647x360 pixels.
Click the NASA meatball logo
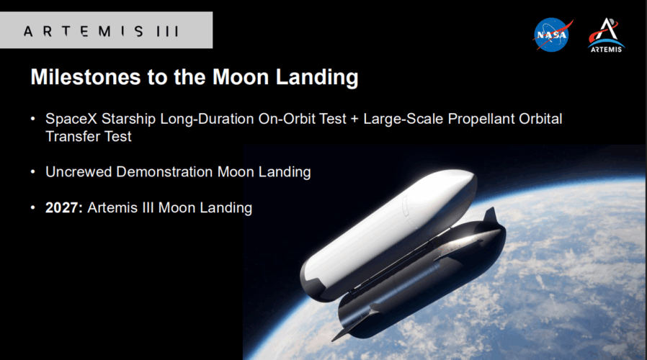(553, 35)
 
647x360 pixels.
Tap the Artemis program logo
(606, 35)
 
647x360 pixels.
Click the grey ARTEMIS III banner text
(102, 32)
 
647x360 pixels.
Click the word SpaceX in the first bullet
(71, 119)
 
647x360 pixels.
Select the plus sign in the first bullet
(354, 120)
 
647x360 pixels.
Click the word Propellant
(481, 120)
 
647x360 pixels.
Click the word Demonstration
(164, 171)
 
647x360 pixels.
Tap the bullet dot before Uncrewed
(33, 171)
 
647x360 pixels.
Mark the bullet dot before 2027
(33, 207)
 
